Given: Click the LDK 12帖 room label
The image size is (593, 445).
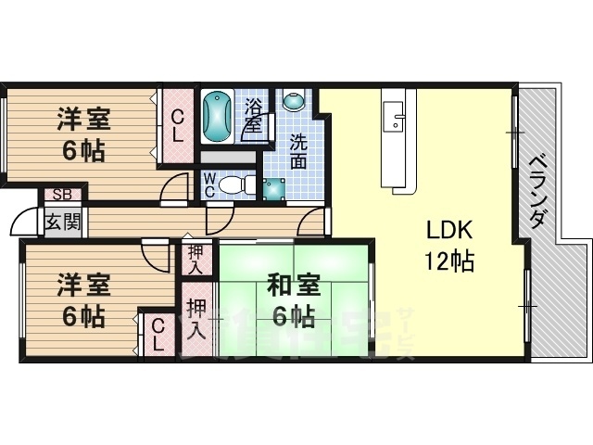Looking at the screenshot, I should coord(450,247).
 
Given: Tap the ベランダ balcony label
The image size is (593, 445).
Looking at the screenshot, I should coord(537,190).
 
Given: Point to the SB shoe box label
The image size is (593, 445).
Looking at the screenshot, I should coord(62,195).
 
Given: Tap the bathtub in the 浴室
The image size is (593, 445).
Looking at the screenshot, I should coord(216,116).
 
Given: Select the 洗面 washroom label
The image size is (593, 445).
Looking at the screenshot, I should coord(298,151).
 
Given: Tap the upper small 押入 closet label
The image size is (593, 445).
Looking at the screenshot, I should coord(196,257).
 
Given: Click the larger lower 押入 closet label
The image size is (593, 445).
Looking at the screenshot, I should coord(196,319).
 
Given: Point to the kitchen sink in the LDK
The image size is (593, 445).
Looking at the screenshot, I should coord(397,119).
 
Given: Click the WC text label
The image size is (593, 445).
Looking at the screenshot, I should coord(210,184).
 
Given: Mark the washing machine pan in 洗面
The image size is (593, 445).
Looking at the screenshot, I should coord(275,188).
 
